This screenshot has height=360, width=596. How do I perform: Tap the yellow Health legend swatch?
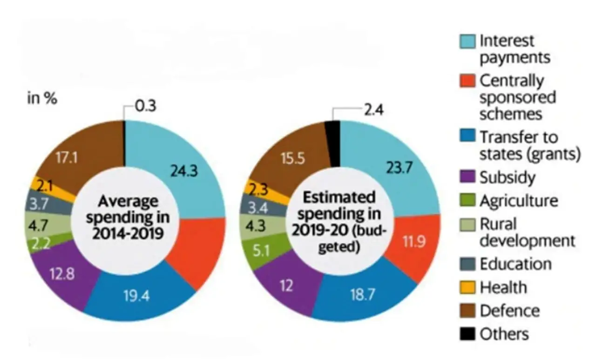470,287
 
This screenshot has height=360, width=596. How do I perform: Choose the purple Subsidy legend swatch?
470,177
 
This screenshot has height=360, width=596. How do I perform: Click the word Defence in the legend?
509,310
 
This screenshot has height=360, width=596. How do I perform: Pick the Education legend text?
515,264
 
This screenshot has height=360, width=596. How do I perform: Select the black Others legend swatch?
470,334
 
